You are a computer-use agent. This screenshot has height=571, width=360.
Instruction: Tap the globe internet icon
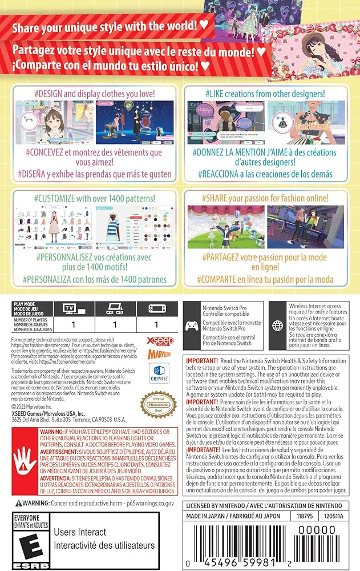pyautogui.click(x=278, y=325)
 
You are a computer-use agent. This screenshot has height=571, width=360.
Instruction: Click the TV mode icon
pyautogui.click(x=69, y=309)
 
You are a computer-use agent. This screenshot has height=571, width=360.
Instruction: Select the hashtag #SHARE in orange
pyautogui.click(x=217, y=198)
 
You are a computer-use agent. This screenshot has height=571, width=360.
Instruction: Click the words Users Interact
pyautogui.click(x=80, y=532)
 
